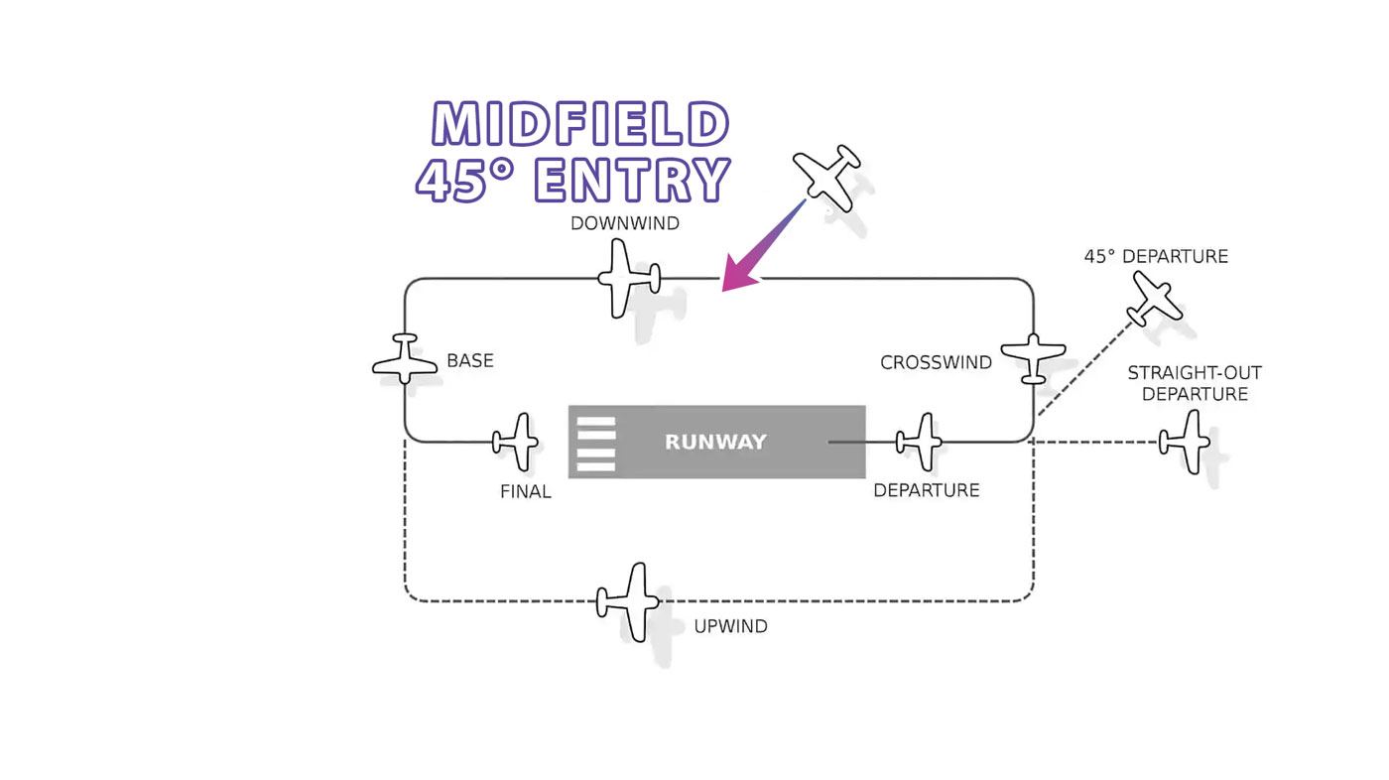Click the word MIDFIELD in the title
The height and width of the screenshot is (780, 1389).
click(580, 123)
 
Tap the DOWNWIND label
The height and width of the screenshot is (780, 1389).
click(625, 223)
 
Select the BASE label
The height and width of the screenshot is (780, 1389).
click(470, 360)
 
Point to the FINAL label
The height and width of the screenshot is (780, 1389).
click(525, 491)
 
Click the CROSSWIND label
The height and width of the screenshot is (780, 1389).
click(936, 362)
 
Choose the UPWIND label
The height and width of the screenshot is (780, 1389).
click(730, 626)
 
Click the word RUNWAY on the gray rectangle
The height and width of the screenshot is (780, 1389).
click(715, 442)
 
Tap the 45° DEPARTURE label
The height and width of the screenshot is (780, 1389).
click(1156, 256)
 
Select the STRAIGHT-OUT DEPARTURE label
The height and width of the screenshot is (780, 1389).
click(1195, 383)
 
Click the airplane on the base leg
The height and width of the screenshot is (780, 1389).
click(405, 359)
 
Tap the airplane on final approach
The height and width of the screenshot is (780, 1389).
click(515, 442)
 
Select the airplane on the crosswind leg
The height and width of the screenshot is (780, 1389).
click(1033, 358)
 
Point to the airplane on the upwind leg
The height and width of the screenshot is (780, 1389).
click(627, 601)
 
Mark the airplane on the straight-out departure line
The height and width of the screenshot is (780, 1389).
click(1185, 442)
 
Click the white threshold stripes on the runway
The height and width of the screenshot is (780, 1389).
click(596, 444)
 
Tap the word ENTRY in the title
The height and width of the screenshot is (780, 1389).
click(633, 180)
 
